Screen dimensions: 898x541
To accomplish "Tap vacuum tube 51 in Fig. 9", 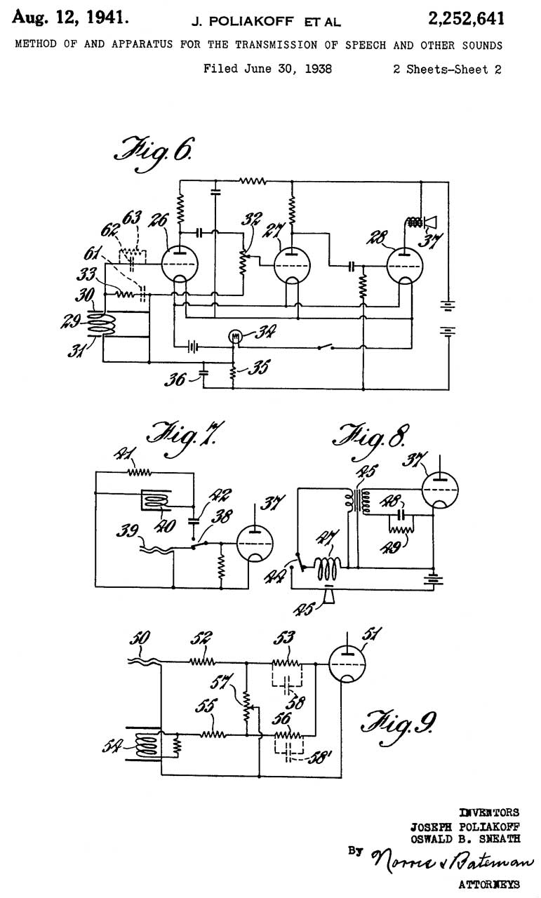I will click(349, 665).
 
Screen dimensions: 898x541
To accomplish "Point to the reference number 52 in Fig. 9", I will click(203, 638).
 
